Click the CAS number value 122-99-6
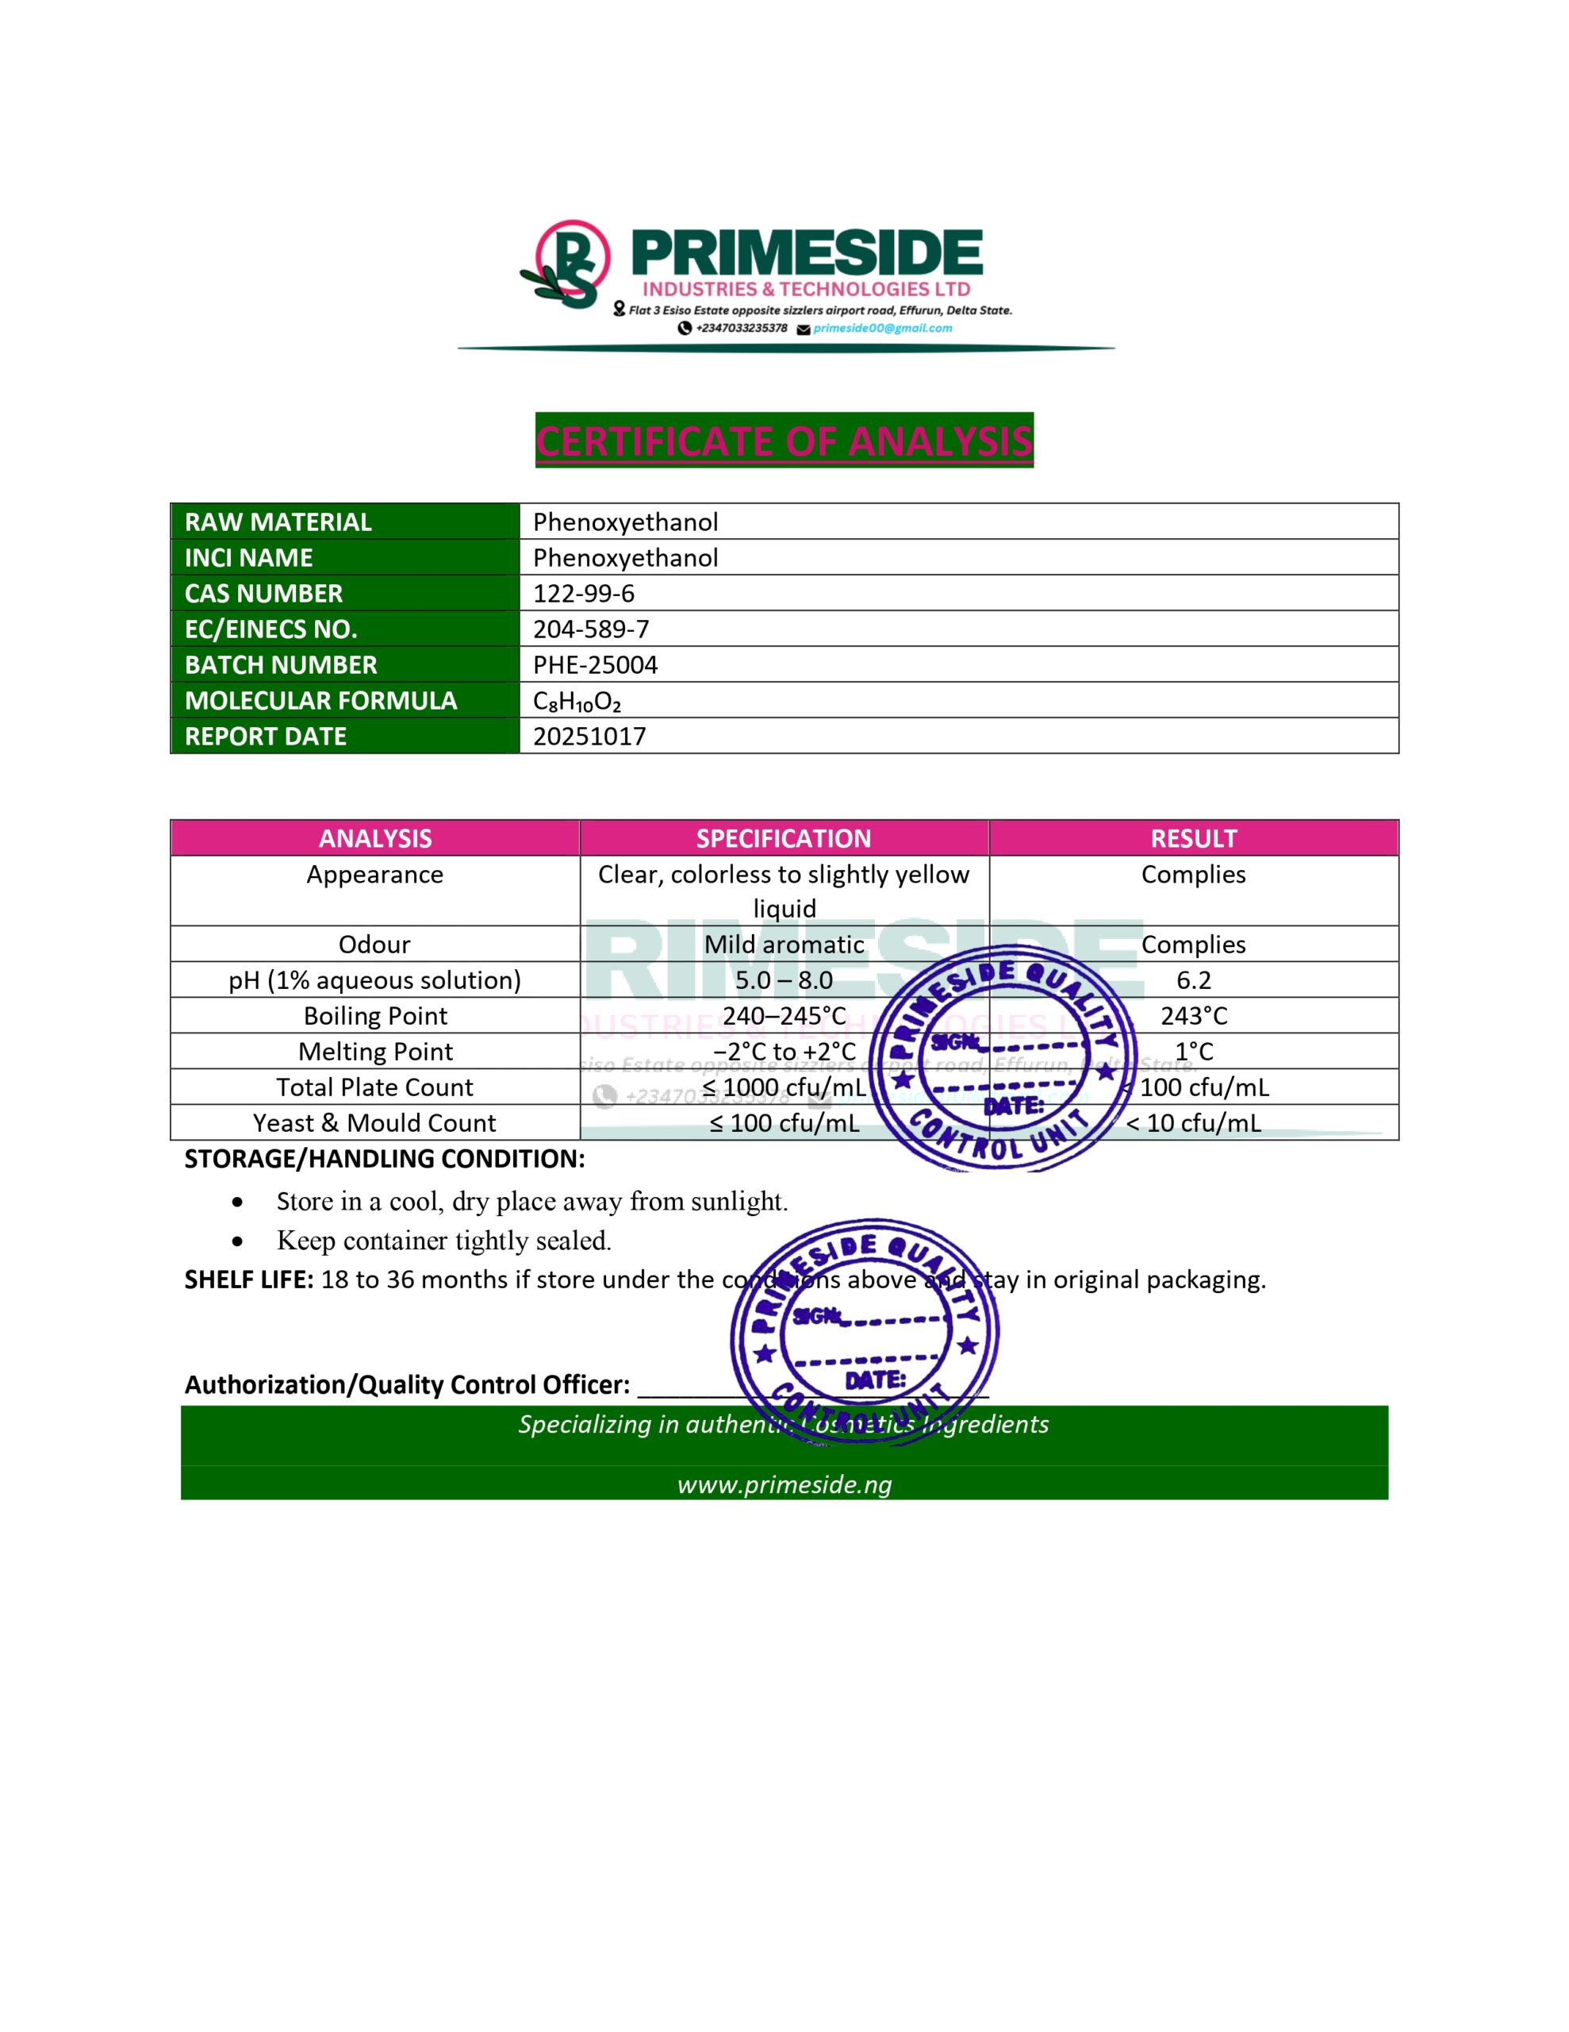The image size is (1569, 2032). pos(583,593)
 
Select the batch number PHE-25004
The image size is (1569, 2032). pos(594,664)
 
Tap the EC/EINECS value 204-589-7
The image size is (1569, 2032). pos(591,629)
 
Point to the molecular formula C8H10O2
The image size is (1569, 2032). pos(576,701)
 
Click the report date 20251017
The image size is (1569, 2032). pos(589,736)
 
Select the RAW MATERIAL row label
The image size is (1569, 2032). pos(278,522)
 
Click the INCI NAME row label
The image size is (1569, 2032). pos(248,557)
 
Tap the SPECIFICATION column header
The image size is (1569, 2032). pos(783,838)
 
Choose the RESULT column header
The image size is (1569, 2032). pos(1193,838)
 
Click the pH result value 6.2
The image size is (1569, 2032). pos(1193,979)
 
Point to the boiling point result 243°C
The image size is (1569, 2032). pos(1193,1015)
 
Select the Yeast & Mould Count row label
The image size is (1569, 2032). pos(375,1123)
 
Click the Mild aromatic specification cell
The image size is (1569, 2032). pos(783,945)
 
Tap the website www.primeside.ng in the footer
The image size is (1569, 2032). pos(784,1484)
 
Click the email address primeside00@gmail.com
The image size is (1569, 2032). pos(882,328)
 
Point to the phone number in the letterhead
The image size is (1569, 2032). pos(741,328)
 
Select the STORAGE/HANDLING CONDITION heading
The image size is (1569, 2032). pos(384,1158)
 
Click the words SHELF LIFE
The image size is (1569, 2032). pos(248,1280)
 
